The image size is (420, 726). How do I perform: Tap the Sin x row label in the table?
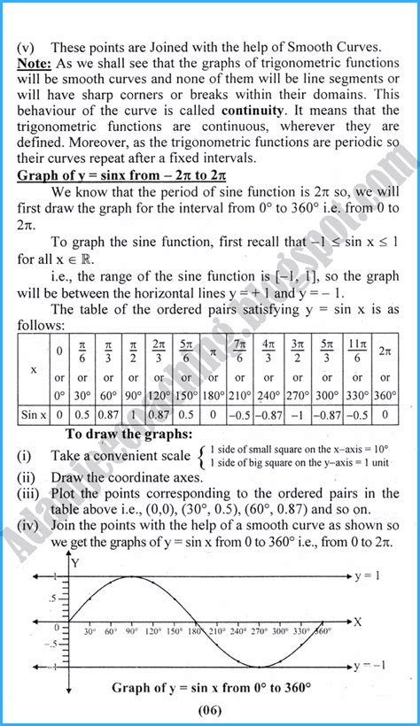click(x=34, y=413)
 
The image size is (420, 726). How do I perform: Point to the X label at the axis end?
click(x=358, y=622)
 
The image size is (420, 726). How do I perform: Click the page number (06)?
click(x=209, y=710)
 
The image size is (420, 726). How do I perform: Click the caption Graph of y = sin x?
click(x=209, y=686)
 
